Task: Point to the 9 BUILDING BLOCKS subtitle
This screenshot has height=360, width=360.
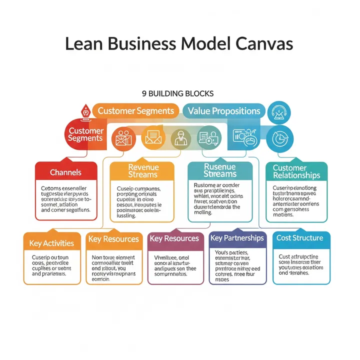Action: tap(178, 93)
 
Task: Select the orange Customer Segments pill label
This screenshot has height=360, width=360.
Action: tap(136, 111)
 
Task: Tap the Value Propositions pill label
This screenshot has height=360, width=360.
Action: tap(223, 111)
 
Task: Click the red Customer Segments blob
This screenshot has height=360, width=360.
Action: tap(85, 134)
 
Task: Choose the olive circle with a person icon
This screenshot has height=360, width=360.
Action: tap(180, 136)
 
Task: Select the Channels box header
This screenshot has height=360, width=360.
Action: tap(65, 172)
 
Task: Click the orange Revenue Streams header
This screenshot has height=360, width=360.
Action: tap(142, 170)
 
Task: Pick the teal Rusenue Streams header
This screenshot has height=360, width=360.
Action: tap(220, 170)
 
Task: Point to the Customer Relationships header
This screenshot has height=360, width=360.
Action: tap(296, 171)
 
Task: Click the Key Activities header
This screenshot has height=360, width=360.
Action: tap(52, 243)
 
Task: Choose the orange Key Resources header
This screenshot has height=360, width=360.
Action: tap(113, 239)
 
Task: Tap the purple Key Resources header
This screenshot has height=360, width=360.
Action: tap(175, 239)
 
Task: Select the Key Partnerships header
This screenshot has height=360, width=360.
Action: tap(237, 238)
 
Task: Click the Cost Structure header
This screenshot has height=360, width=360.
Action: tap(299, 238)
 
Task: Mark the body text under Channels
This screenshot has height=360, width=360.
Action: tap(65, 199)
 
